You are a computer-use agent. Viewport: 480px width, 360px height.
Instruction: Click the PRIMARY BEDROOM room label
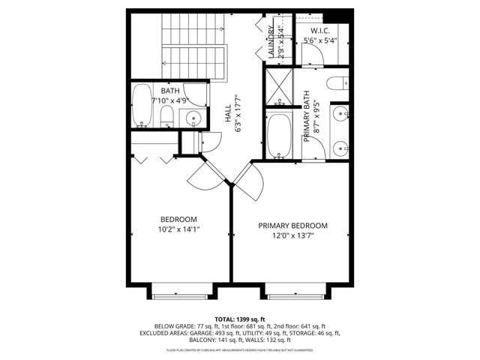(293, 225)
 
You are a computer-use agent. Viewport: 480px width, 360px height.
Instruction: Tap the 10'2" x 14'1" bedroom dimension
(178, 229)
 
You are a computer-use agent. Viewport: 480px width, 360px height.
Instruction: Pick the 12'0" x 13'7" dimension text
(293, 235)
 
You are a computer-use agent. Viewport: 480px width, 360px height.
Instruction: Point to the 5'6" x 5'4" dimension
(320, 40)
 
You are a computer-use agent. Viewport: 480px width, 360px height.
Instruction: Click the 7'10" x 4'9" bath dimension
(169, 100)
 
